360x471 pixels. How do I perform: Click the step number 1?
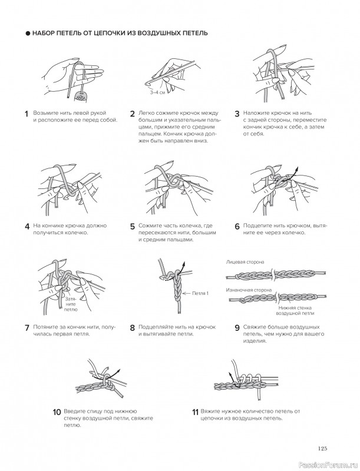(27, 114)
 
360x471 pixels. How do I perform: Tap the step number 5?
(133, 225)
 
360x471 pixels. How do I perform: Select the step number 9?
(236, 328)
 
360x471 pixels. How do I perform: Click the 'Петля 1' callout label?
(200, 293)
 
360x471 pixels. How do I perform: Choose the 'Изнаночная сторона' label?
(249, 290)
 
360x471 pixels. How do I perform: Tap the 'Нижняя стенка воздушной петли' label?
(295, 311)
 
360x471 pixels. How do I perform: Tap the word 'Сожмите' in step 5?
(151, 225)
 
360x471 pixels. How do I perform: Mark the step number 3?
(237, 114)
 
